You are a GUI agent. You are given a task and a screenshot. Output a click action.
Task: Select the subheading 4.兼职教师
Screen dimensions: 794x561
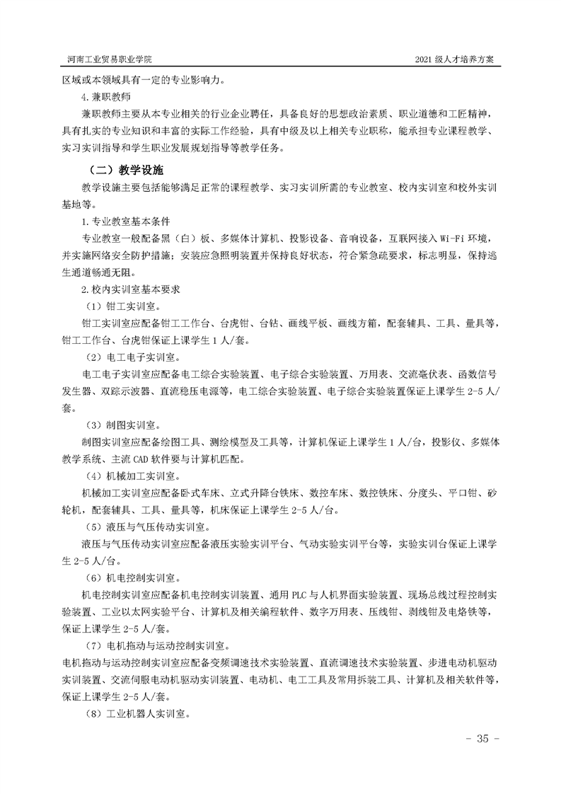105,96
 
